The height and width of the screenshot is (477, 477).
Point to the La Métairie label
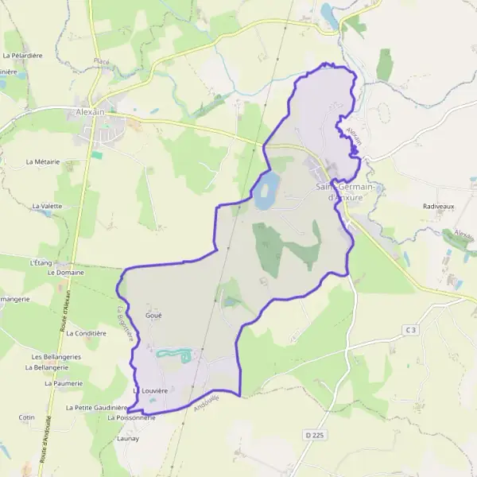pos(43,161)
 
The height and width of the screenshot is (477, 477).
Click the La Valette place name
pos(47,206)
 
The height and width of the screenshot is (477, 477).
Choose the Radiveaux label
pos(437,206)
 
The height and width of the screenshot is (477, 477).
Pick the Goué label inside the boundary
pos(153,316)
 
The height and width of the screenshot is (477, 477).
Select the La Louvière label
pos(151,391)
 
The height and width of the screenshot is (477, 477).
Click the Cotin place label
pos(27,417)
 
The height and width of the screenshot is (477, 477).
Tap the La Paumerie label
pos(64,383)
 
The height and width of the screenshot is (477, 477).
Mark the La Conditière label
pos(86,333)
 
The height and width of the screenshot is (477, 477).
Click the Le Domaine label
pos(65,272)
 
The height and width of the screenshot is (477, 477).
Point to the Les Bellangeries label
pos(56,357)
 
